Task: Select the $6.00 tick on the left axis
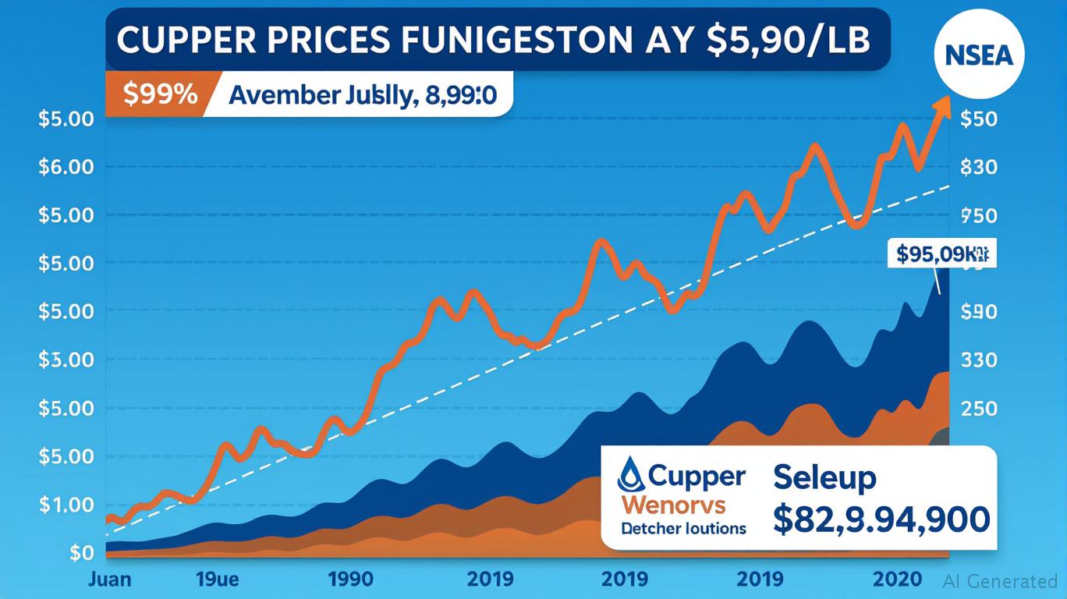[66, 167]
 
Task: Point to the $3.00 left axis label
[66, 360]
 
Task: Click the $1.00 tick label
[66, 505]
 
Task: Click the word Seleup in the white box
[824, 477]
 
